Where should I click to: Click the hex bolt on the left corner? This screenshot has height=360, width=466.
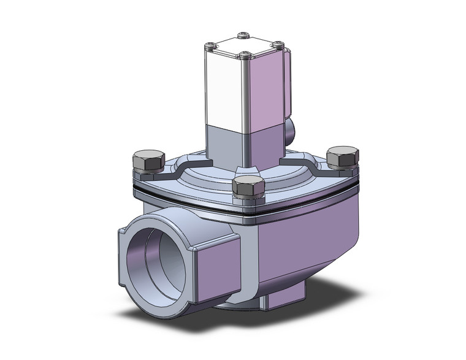coord(147,161)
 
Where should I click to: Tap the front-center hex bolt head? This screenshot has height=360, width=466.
coord(249,187)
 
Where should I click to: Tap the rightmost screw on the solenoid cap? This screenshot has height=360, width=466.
coord(280,44)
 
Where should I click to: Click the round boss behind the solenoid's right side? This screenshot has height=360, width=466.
coord(289,129)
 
